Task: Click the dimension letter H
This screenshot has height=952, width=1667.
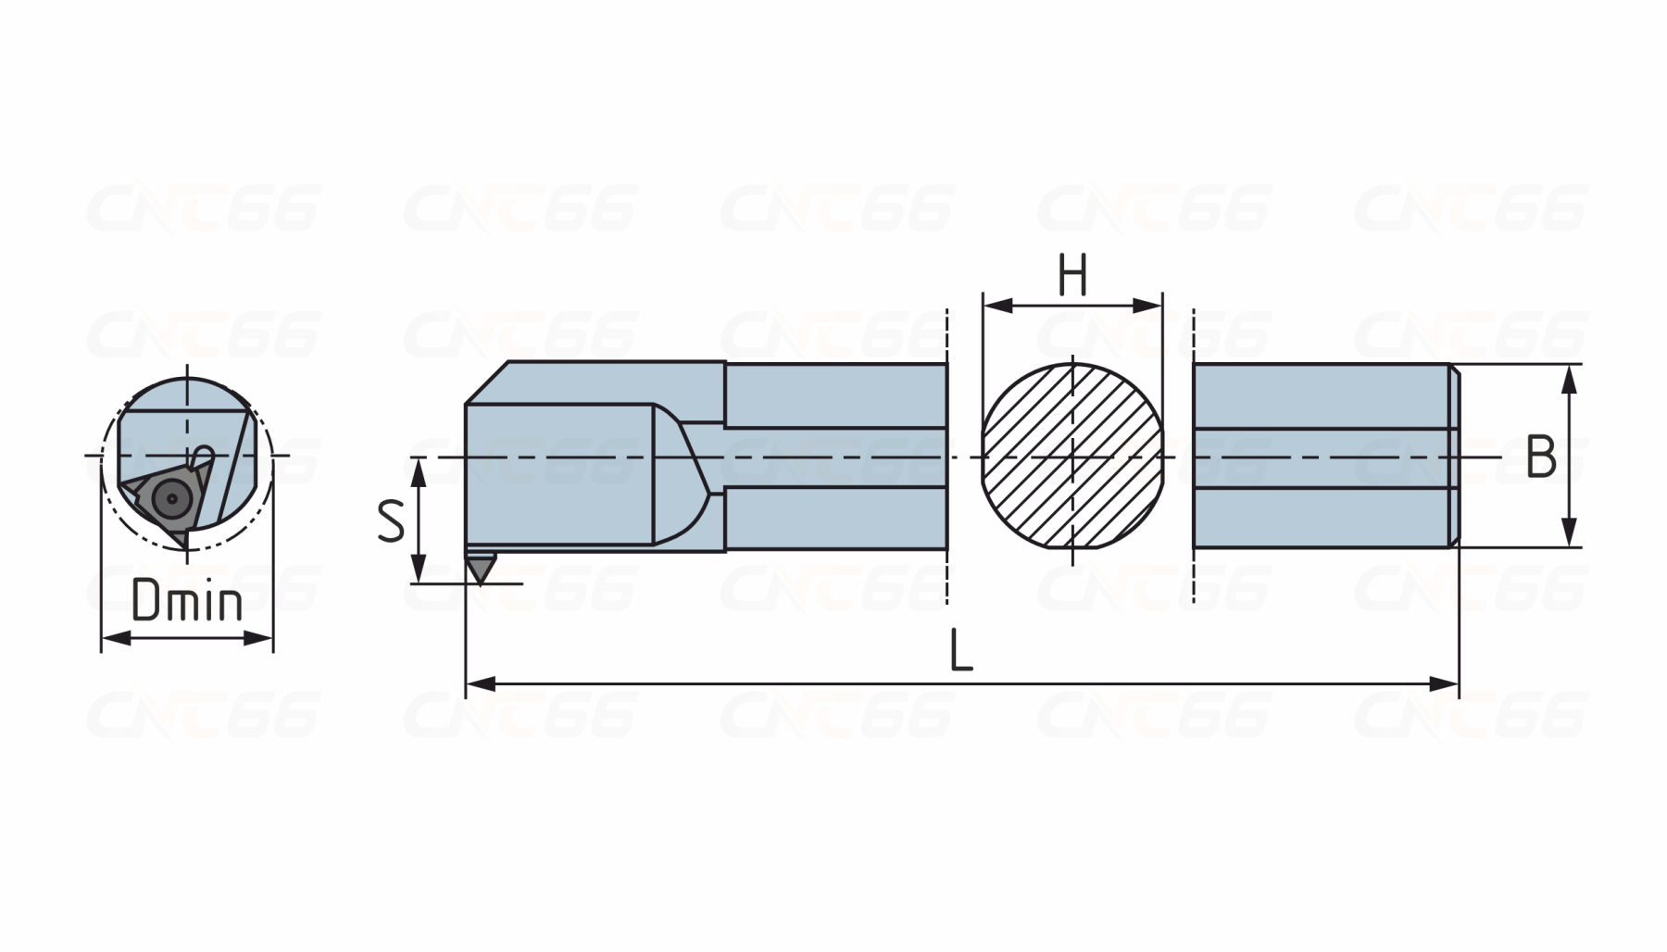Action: click(x=1072, y=276)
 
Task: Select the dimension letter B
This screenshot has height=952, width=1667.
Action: click(x=1541, y=457)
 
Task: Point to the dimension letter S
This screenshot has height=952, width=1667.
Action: click(x=391, y=520)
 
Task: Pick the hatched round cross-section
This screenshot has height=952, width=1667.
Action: click(x=1072, y=456)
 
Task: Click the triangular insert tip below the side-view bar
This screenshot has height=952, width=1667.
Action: click(x=480, y=569)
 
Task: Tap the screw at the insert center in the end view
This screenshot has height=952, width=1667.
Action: click(x=171, y=499)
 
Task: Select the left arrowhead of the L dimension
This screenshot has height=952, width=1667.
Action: click(x=480, y=684)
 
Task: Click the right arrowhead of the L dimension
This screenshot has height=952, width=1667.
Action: click(x=1445, y=684)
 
